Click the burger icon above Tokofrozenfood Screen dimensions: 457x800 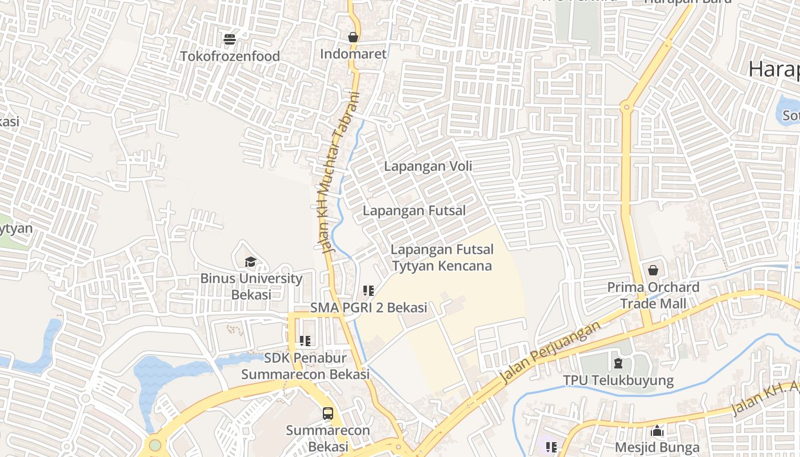click(230, 39)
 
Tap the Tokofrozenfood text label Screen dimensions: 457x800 click(230, 56)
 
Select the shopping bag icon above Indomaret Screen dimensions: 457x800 click(353, 37)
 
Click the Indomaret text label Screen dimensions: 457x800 click(353, 54)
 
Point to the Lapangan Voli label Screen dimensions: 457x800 click(428, 166)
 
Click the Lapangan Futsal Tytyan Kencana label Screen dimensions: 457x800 click(441, 258)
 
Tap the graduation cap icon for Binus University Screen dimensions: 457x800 click(250, 262)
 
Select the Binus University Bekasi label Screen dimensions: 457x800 click(251, 286)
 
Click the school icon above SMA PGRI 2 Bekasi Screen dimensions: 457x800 click(369, 291)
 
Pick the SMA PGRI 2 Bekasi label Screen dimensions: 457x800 click(369, 307)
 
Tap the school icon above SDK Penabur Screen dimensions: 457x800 click(305, 341)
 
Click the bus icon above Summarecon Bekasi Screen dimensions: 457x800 click(328, 414)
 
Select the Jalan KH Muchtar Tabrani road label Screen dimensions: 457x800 click(338, 171)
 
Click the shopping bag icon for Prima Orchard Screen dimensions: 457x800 click(653, 270)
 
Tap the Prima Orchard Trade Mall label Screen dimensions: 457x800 click(653, 295)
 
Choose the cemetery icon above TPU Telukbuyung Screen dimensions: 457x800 click(618, 363)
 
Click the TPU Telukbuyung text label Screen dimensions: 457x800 click(618, 380)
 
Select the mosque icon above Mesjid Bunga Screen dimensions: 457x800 click(657, 431)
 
